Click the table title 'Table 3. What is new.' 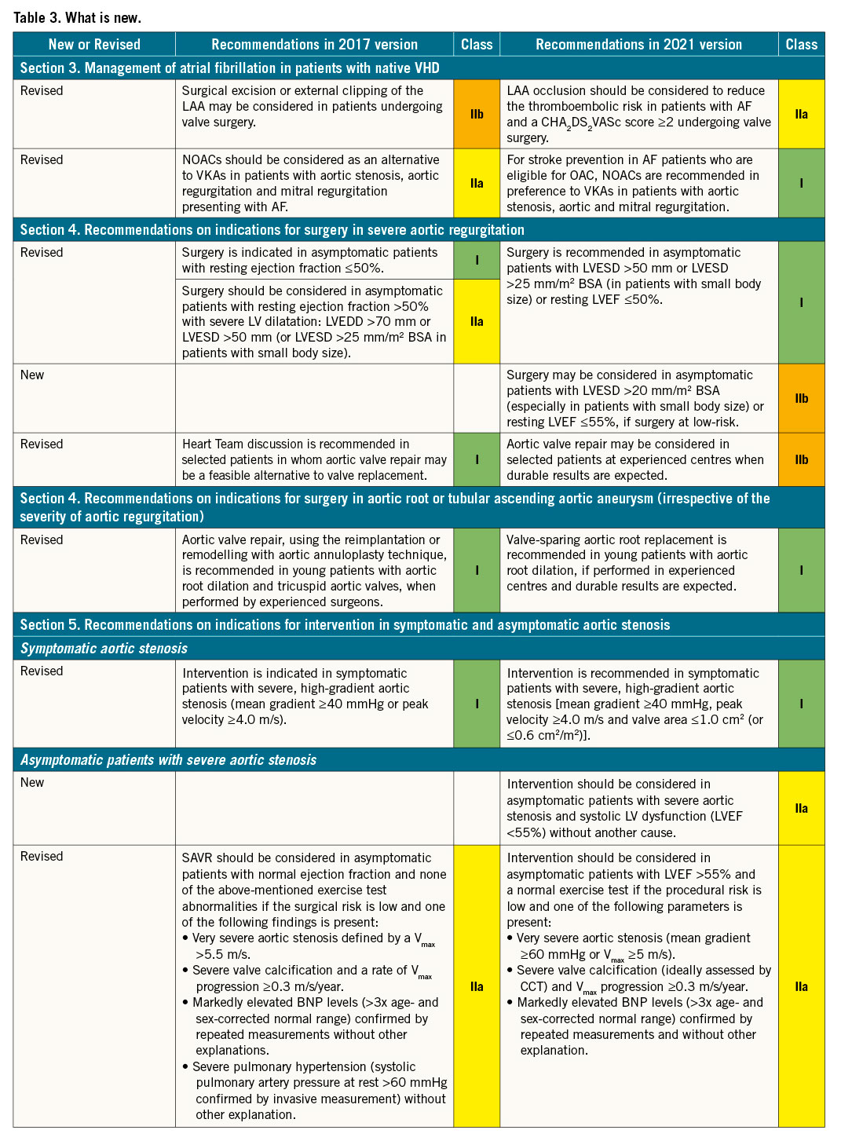click(77, 16)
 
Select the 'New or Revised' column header click(94, 45)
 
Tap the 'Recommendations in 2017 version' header click(314, 45)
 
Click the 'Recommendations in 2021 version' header click(638, 45)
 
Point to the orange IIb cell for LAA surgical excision click(477, 115)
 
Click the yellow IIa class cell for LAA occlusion click(801, 115)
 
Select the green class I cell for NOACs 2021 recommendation click(801, 183)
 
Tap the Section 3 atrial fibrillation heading click(229, 68)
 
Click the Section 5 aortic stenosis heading click(345, 625)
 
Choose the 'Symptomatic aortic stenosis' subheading click(104, 649)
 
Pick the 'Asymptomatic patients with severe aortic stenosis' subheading click(168, 760)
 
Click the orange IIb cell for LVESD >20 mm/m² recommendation click(801, 398)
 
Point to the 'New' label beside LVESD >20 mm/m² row click(32, 375)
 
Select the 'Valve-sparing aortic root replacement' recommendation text click(616, 540)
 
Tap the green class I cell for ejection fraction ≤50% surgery click(477, 260)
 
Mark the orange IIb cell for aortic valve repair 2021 click(801, 459)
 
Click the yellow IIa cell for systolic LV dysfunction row click(801, 808)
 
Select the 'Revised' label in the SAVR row click(42, 857)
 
